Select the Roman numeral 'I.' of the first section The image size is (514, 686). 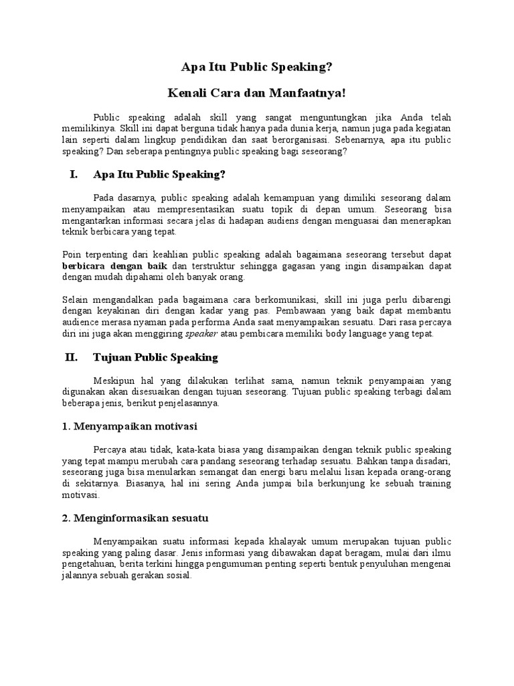coord(74,175)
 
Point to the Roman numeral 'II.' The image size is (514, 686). coord(72,357)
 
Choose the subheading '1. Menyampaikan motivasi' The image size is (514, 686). coord(130,426)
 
